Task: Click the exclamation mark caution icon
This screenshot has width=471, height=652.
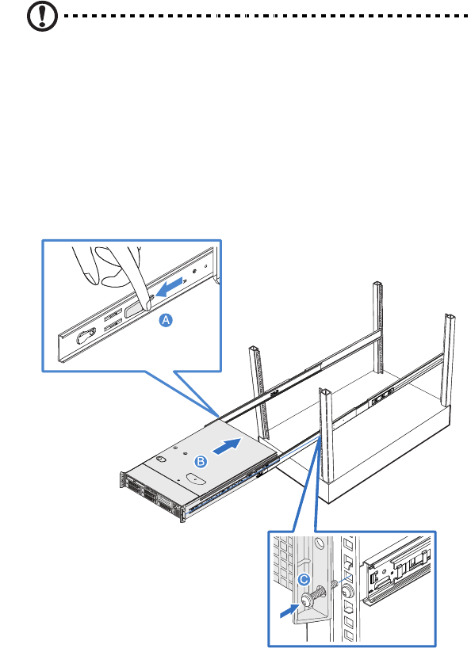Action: (x=42, y=16)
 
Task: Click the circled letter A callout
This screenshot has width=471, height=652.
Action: (x=166, y=320)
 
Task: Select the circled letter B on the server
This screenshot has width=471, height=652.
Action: (x=201, y=462)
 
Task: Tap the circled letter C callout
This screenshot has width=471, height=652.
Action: (x=304, y=579)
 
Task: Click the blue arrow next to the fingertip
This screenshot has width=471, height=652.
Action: (x=170, y=287)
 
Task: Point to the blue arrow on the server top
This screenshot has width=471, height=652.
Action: (x=228, y=446)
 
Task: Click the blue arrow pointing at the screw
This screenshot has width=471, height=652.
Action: (x=290, y=611)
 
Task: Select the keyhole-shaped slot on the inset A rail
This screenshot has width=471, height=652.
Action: (x=86, y=336)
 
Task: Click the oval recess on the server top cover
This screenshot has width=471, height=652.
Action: (x=196, y=479)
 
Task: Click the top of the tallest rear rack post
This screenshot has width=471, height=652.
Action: (x=377, y=284)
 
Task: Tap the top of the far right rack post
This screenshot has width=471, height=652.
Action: (x=450, y=317)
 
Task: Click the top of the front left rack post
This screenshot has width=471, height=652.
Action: (x=255, y=349)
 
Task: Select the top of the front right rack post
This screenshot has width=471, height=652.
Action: (x=324, y=391)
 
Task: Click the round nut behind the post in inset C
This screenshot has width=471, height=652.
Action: (x=347, y=590)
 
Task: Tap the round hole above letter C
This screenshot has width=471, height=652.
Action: (x=319, y=543)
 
